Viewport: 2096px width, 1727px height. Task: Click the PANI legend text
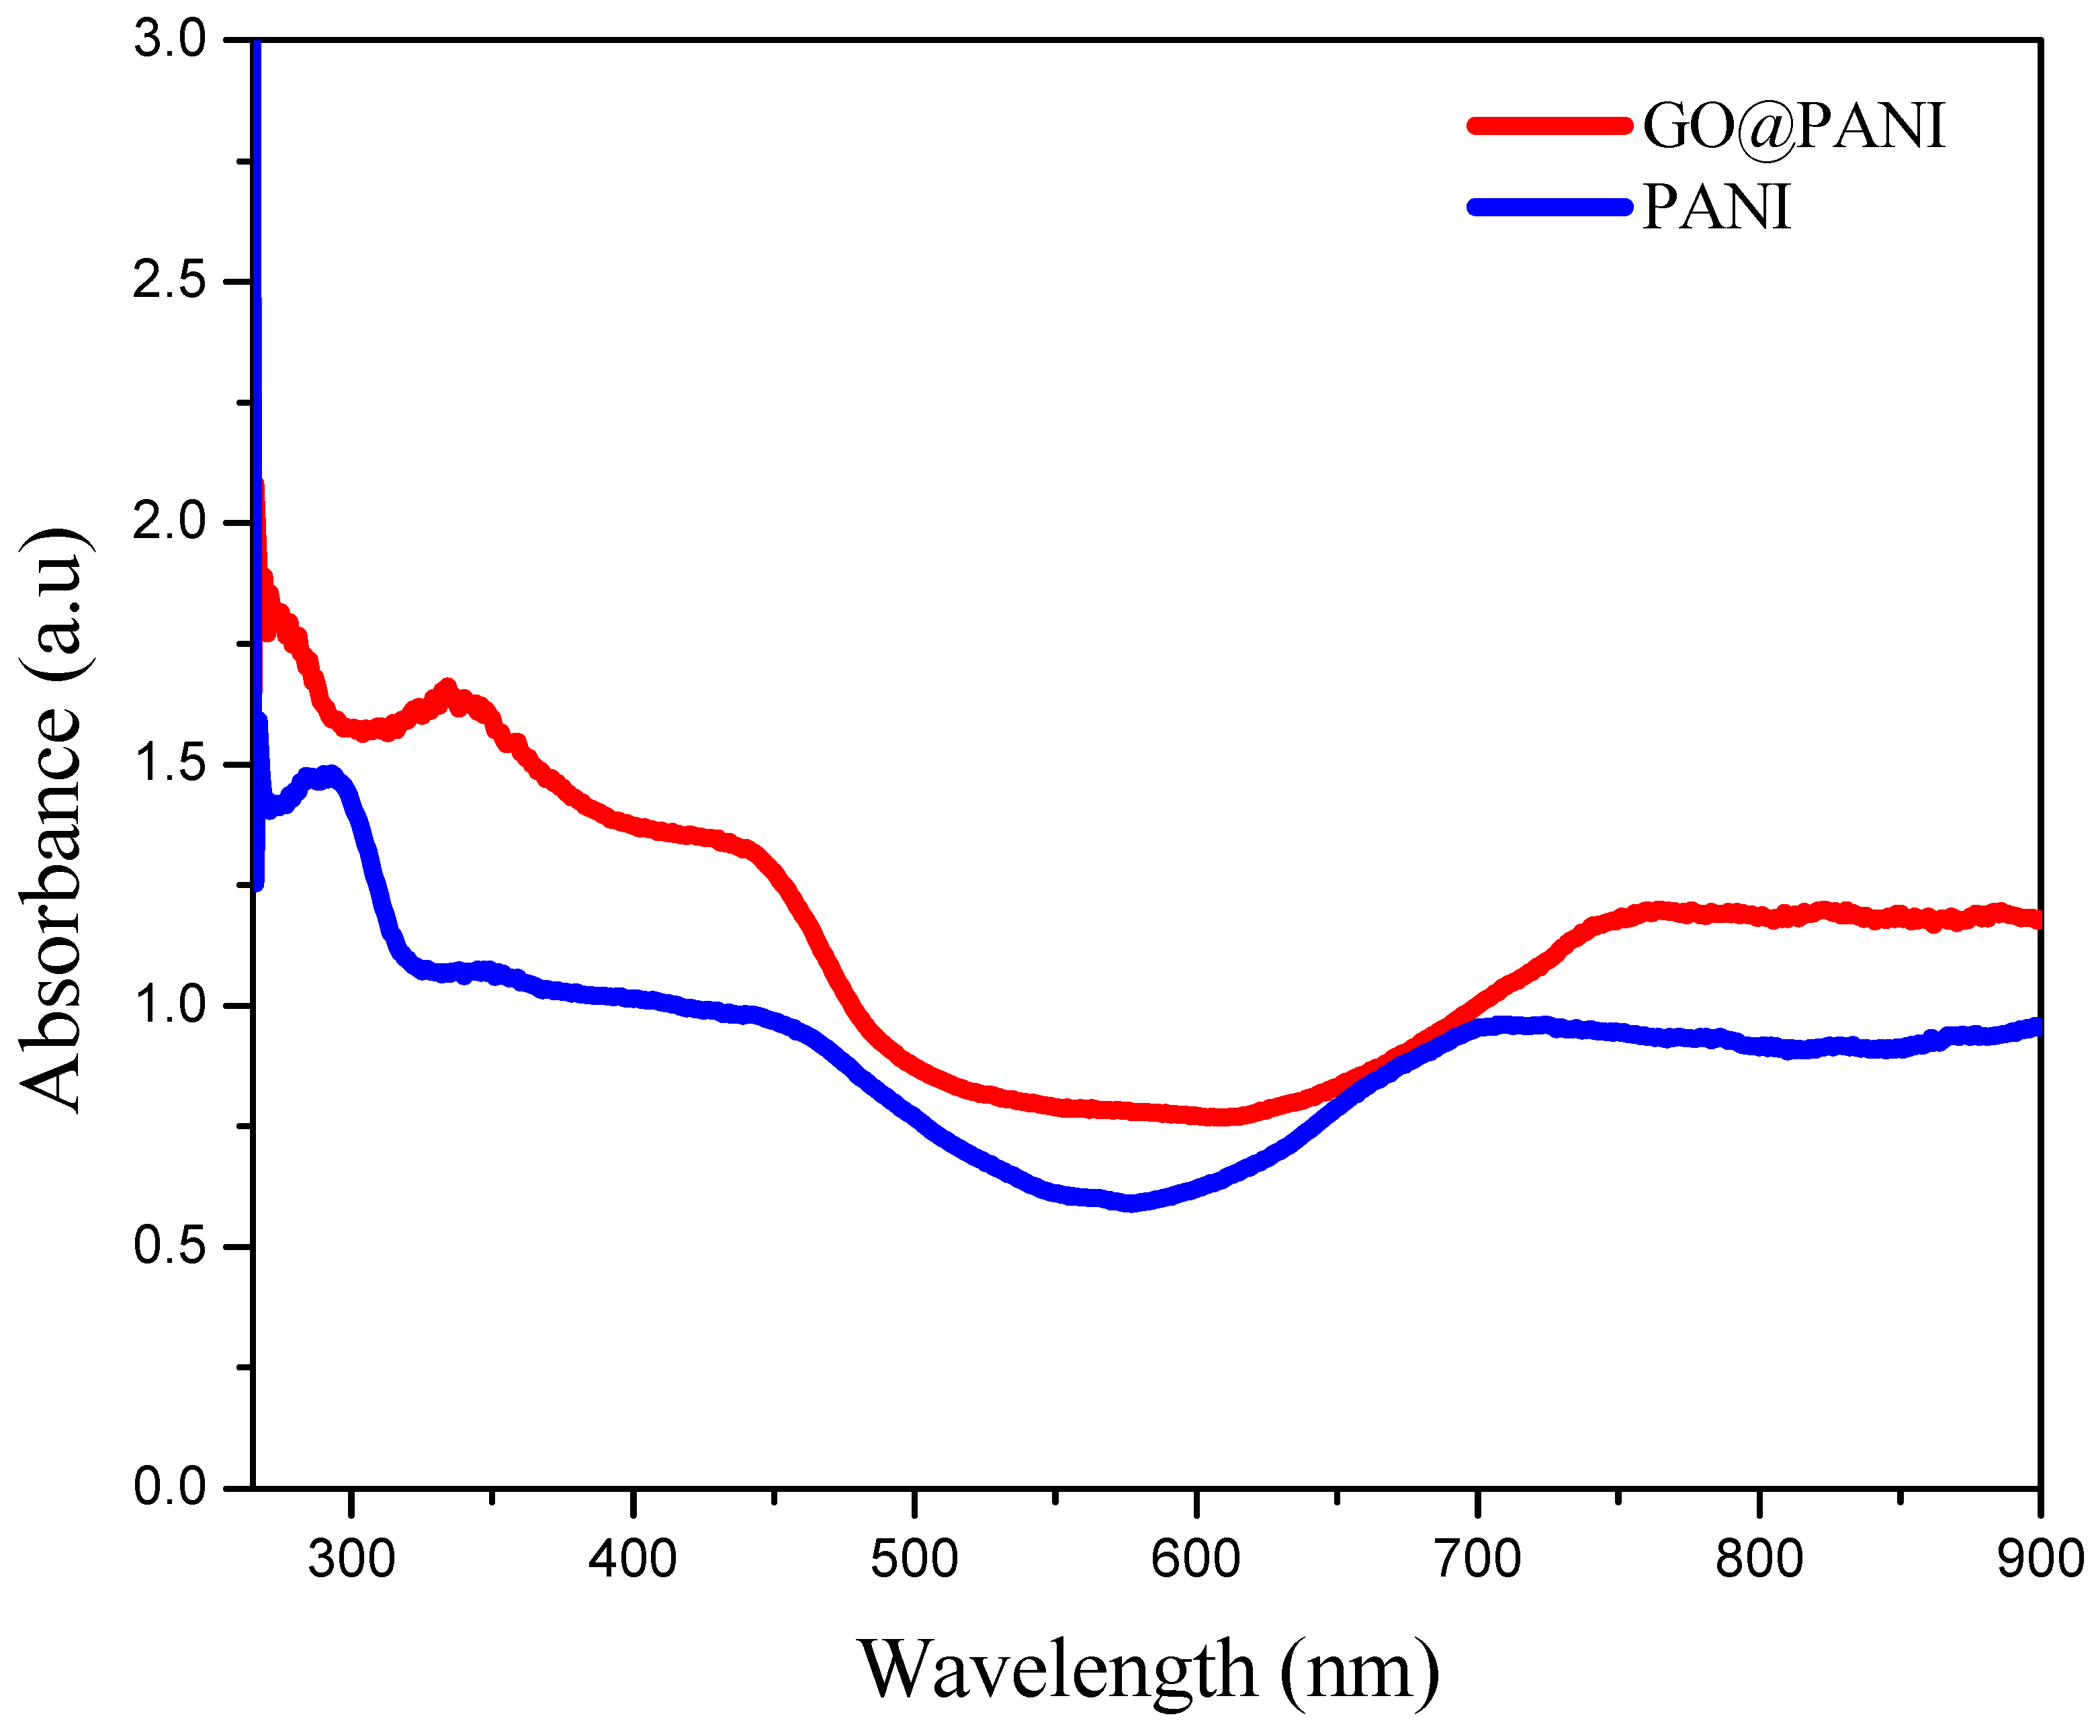1716,208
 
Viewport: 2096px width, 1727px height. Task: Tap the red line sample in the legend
1549,126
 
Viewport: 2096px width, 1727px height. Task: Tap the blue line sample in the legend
1549,207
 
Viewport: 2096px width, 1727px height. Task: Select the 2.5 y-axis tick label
169,281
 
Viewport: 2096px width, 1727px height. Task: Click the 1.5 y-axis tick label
169,764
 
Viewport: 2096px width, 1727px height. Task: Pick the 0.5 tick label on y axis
169,1247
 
